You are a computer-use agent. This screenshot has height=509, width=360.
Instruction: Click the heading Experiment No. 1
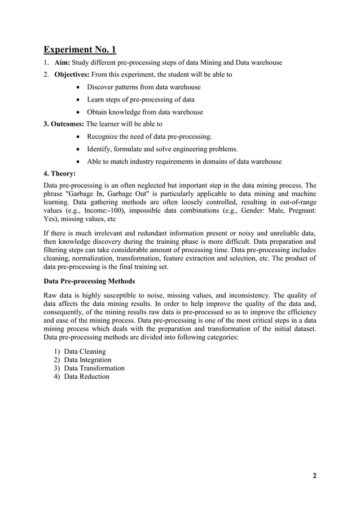pyautogui.click(x=80, y=50)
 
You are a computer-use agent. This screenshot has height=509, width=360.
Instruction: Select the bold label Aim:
pyautogui.click(x=63, y=63)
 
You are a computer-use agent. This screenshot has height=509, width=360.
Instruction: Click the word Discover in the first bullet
pyautogui.click(x=102, y=87)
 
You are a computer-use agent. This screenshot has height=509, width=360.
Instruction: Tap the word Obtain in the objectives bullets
pyautogui.click(x=99, y=112)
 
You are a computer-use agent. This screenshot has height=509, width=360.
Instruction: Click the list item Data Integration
pyautogui.click(x=87, y=360)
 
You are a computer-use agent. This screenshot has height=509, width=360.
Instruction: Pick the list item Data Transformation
pyautogui.click(x=94, y=368)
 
